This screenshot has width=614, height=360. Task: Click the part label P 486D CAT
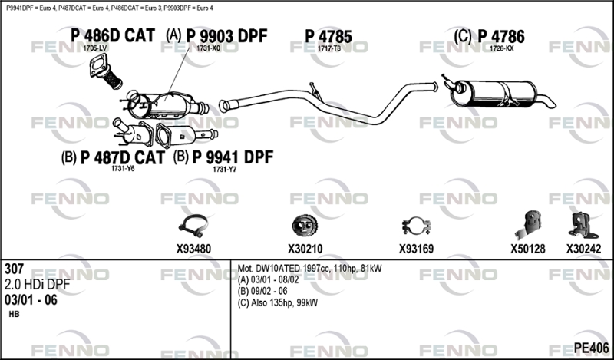pos(113,35)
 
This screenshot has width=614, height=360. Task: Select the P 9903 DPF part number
pos(226,36)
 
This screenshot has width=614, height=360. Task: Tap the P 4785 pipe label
pos(328,36)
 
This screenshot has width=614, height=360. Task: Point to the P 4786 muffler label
pos(501,36)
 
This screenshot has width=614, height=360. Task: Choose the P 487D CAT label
pos(123,157)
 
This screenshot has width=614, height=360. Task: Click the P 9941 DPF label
pos(233,157)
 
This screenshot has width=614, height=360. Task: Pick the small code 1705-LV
pos(94,48)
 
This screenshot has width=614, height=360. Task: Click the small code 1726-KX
pos(502,48)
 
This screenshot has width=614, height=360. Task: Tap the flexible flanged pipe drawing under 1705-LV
pos(106,71)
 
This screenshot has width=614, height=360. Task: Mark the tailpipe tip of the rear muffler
pos(552,104)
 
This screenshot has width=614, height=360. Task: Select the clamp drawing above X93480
pos(193,226)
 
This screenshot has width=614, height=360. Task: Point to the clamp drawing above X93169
pos(416,226)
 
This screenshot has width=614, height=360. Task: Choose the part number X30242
pos(583,249)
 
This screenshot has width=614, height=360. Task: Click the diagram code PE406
pos(591,348)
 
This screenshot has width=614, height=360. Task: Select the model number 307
pos(14,269)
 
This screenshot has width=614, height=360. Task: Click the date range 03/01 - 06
pos(31,300)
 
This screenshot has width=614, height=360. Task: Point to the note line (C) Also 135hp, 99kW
pos(277,302)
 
